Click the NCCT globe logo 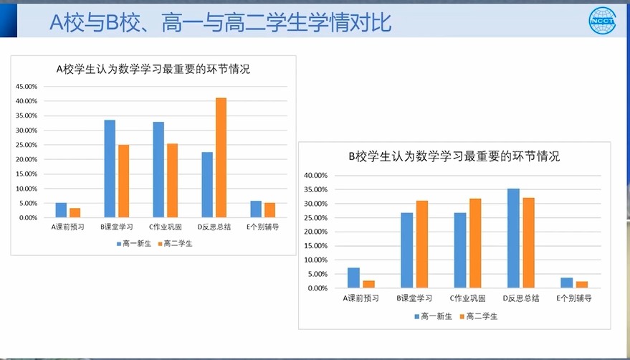602,21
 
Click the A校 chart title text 153,69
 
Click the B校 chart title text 454,156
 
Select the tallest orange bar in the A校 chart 221,158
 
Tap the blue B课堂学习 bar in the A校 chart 110,169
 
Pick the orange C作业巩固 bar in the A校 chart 172,181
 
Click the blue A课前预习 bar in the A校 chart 61,210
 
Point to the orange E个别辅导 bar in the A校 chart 270,210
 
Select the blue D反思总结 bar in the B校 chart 513,238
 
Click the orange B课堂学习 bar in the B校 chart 422,244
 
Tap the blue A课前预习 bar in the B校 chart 353,278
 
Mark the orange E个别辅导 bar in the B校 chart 582,285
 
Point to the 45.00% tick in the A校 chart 27,87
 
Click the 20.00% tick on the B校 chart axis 316,232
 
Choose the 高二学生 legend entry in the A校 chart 175,243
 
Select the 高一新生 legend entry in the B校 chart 433,316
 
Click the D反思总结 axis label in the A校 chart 214,227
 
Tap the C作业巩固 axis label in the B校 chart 467,298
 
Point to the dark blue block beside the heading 9,21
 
